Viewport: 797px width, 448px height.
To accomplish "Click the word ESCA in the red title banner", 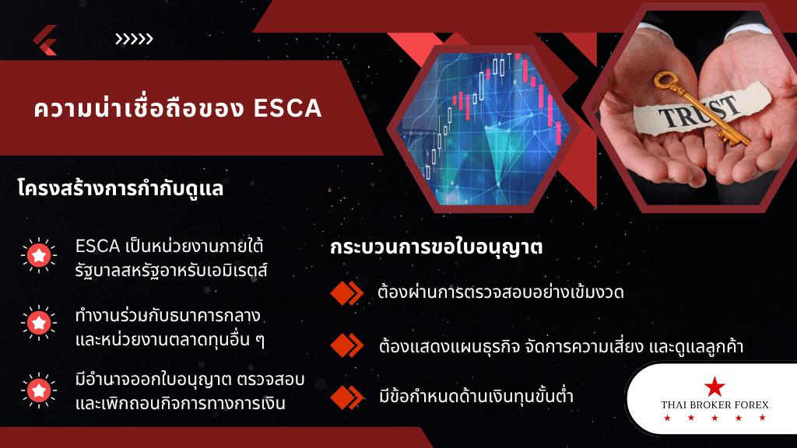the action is (288, 108).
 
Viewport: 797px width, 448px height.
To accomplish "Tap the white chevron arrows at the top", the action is (134, 39).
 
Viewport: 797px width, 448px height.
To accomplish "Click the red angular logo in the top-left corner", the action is (44, 40).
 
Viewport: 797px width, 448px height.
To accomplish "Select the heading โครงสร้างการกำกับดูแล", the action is (120, 188).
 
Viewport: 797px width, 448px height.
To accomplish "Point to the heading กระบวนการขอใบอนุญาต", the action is (436, 247).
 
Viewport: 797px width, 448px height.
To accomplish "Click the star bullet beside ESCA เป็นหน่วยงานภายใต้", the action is (39, 255).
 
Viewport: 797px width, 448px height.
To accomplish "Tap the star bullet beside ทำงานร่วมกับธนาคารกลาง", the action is (39, 323).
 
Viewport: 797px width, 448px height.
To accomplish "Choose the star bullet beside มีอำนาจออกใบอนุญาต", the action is (39, 390).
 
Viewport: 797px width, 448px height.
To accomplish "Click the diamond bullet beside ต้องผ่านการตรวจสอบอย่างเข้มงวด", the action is (346, 293).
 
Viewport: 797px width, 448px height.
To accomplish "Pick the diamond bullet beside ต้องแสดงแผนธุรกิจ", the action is (346, 345).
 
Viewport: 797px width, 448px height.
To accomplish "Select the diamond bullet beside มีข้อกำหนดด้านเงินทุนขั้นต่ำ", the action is (346, 397).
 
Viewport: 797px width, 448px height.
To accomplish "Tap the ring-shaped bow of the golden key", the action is (665, 80).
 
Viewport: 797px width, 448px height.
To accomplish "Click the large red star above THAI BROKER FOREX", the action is (714, 387).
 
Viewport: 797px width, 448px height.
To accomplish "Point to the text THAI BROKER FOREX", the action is (714, 404).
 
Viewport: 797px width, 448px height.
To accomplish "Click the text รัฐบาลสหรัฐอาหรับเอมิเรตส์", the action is (171, 270).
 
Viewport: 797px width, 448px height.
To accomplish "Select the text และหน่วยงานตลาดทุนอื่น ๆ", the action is (170, 339).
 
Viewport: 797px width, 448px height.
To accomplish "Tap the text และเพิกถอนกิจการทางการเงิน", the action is (181, 404).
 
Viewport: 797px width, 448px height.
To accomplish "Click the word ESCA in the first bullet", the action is (97, 247).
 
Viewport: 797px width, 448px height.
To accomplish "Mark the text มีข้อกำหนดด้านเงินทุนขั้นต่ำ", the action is (476, 396).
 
